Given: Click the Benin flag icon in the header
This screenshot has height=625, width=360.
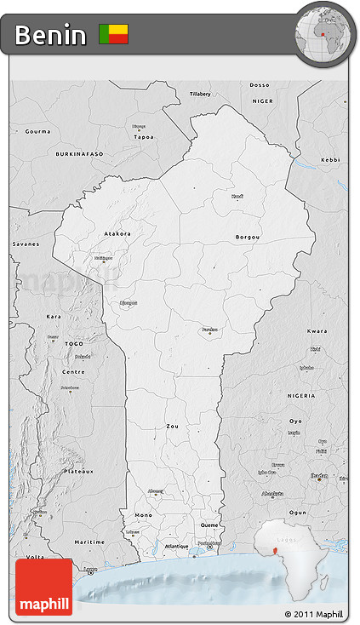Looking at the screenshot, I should (x=113, y=34).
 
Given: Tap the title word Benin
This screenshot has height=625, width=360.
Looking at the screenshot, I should (x=50, y=35).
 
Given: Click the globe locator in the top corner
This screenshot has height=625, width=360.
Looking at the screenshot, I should (x=325, y=33).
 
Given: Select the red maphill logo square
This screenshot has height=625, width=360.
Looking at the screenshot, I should (x=43, y=587).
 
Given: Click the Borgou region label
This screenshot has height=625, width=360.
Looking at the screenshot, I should (x=248, y=237).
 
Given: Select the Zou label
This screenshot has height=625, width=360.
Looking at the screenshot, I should (x=173, y=426).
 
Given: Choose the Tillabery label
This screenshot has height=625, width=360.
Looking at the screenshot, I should (x=200, y=93).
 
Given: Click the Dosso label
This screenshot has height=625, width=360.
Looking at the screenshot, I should (x=260, y=84).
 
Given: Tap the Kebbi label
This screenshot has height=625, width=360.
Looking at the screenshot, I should (x=330, y=159).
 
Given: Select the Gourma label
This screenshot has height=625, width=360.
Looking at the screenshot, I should (x=37, y=131).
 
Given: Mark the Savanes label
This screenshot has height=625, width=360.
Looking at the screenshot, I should (x=26, y=244).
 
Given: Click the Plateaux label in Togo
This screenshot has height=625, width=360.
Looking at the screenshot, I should (x=78, y=470).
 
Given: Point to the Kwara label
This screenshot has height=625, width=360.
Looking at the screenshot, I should (x=317, y=330).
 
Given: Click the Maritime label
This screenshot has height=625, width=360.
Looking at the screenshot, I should (x=89, y=542).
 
